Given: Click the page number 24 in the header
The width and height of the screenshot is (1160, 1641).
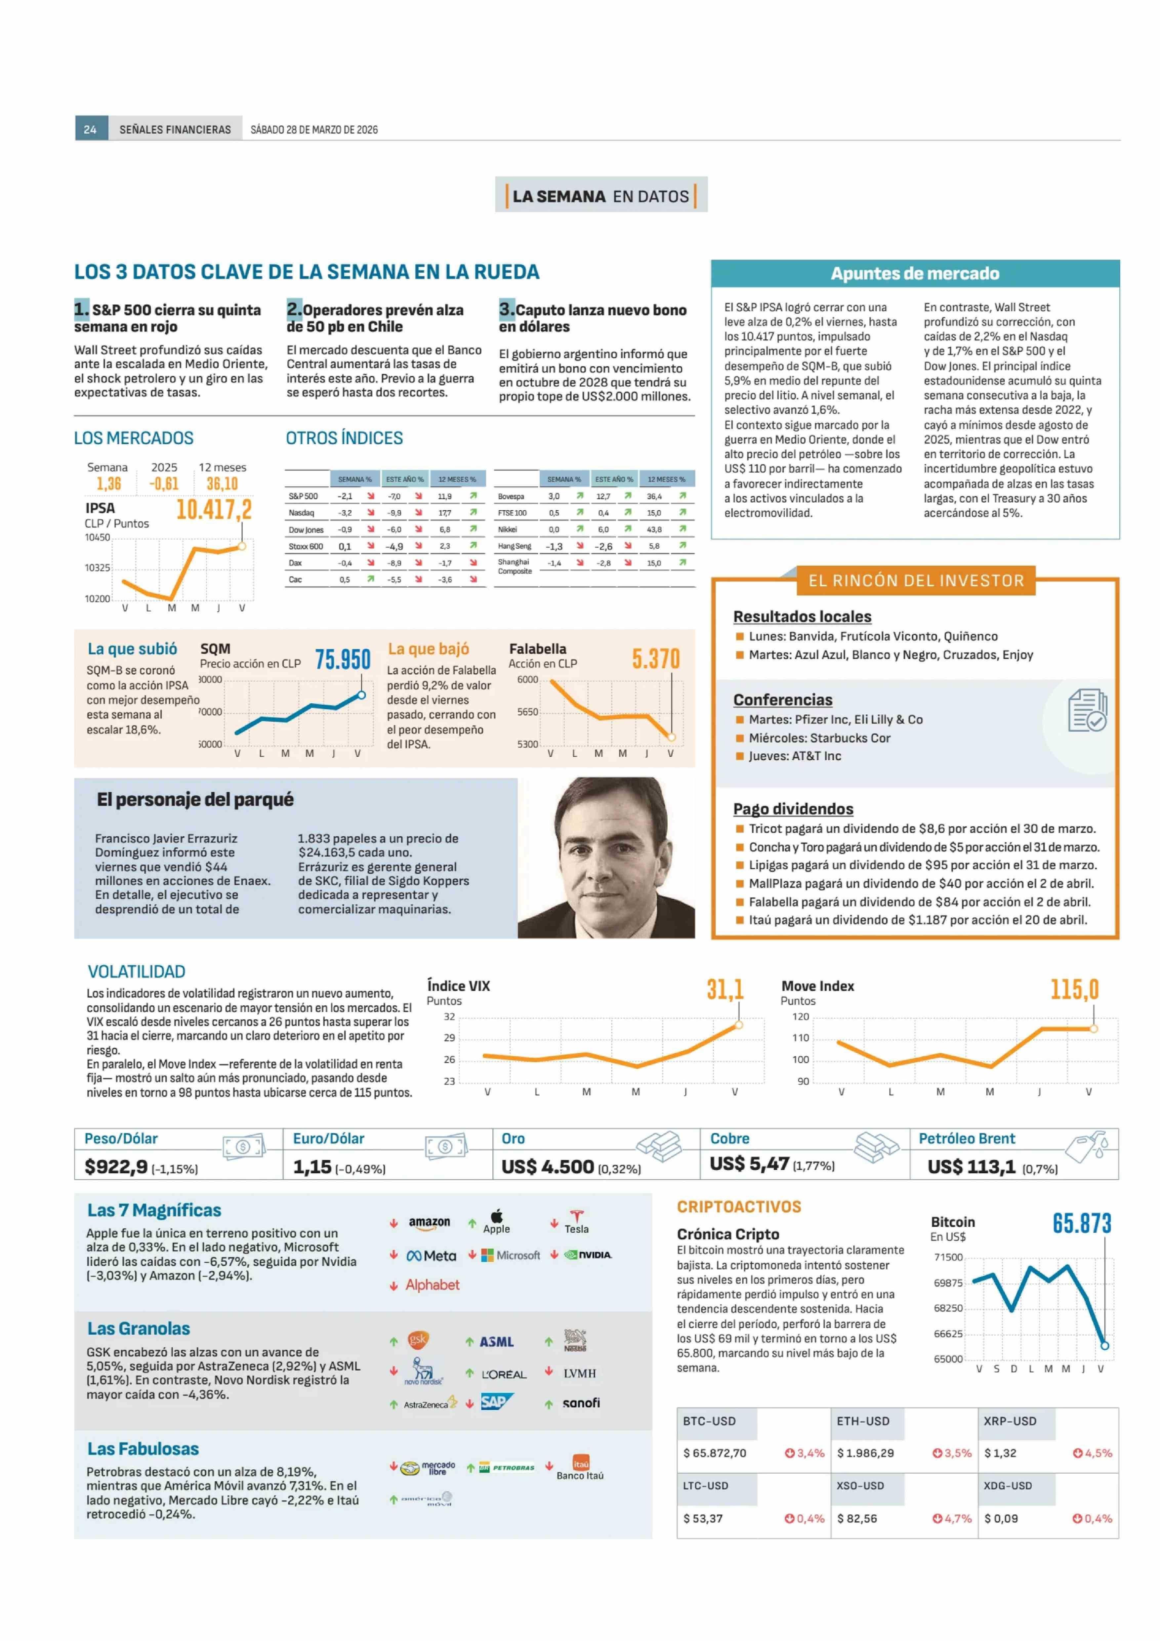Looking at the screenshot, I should pos(90,129).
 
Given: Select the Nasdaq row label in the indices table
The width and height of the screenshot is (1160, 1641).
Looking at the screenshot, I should pos(301,513).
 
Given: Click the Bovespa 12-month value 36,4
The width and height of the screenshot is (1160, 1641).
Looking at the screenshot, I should pos(654,496).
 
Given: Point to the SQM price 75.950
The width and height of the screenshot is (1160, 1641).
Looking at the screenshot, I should pos(343,659).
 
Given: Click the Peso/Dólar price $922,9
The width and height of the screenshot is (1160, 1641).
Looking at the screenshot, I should pos(116,1166).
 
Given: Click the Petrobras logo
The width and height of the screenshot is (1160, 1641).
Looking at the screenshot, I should pos(508,1467).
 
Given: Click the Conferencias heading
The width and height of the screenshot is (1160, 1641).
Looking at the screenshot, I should pos(783,700).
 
